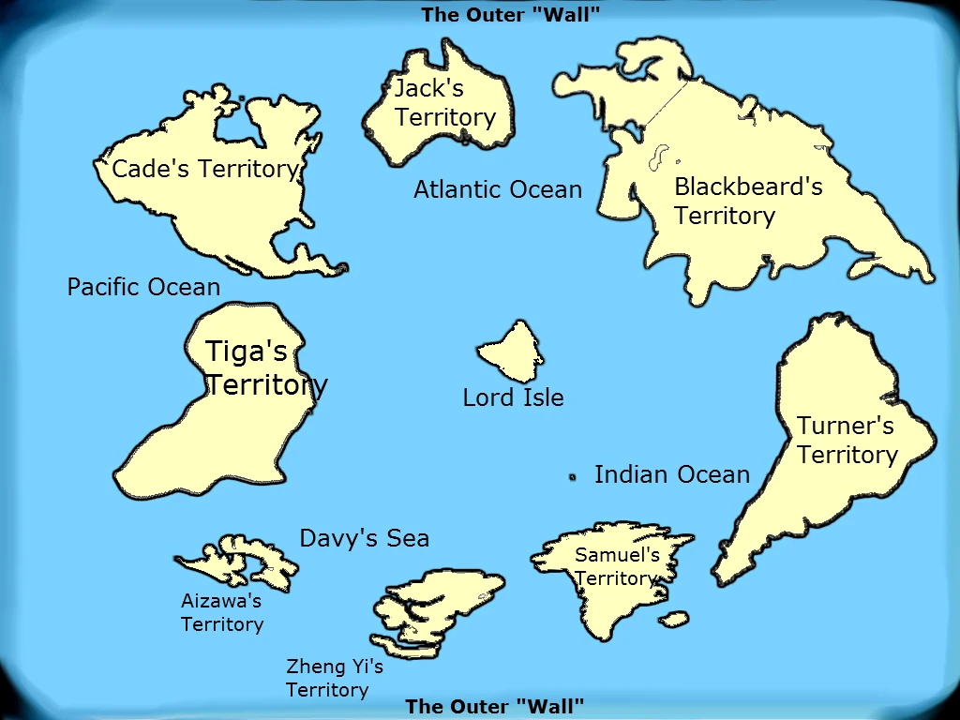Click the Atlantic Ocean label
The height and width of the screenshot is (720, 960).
498,189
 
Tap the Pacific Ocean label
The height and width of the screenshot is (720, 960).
143,287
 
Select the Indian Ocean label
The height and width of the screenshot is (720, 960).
672,474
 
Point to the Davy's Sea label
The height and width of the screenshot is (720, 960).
364,538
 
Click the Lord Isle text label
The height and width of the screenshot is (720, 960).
513,397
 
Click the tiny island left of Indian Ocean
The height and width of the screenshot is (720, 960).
572,477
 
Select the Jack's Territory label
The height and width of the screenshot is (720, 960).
444,103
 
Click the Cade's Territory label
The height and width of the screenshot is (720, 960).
204,170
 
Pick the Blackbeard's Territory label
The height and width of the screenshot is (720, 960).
748,201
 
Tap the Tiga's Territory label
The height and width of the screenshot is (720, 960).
266,367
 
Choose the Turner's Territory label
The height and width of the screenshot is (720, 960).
847,440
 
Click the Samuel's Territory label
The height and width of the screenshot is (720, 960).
616,566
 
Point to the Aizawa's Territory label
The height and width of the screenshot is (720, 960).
222,612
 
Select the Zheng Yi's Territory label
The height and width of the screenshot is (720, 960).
334,678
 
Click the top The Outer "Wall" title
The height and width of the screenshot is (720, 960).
510,14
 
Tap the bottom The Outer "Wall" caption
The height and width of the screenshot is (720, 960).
494,706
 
